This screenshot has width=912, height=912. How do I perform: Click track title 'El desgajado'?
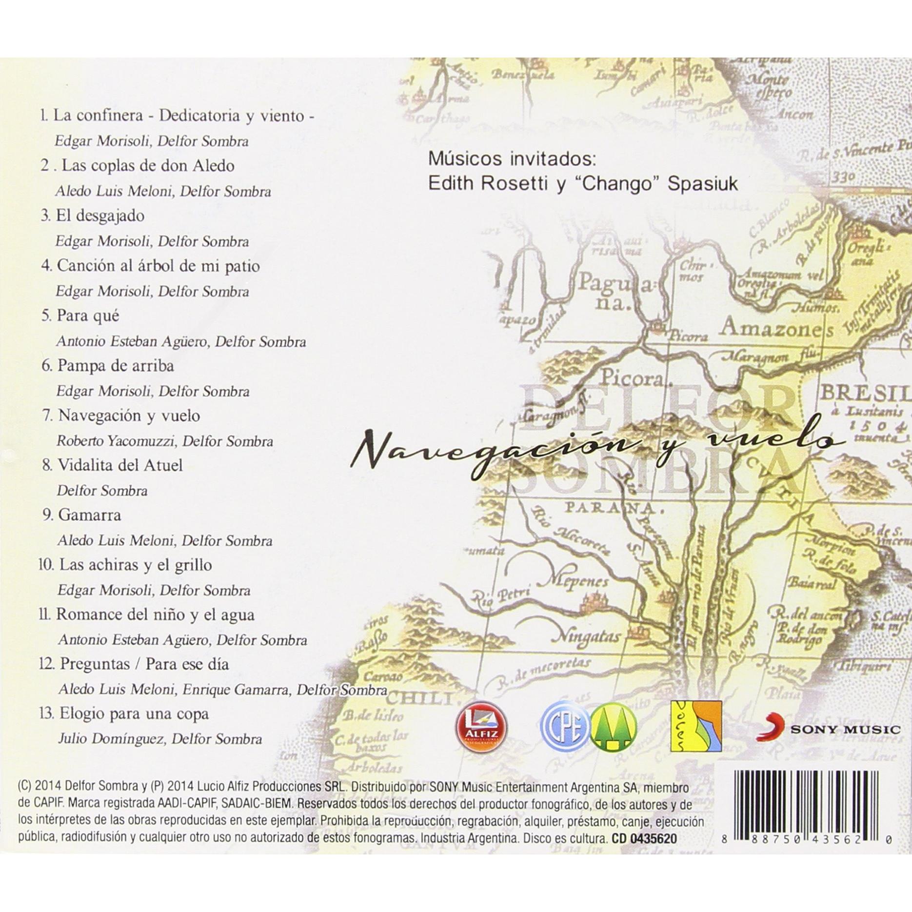(x=100, y=216)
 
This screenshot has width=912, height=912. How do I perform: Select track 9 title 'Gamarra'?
(x=89, y=515)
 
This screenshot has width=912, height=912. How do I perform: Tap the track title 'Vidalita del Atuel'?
(x=120, y=465)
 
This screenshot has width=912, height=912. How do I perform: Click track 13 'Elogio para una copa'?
(x=134, y=714)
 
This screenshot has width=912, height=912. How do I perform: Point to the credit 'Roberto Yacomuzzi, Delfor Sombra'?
(x=165, y=441)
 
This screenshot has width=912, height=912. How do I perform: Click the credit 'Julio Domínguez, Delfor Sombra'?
(x=160, y=739)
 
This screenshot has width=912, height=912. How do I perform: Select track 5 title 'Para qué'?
(x=88, y=316)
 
